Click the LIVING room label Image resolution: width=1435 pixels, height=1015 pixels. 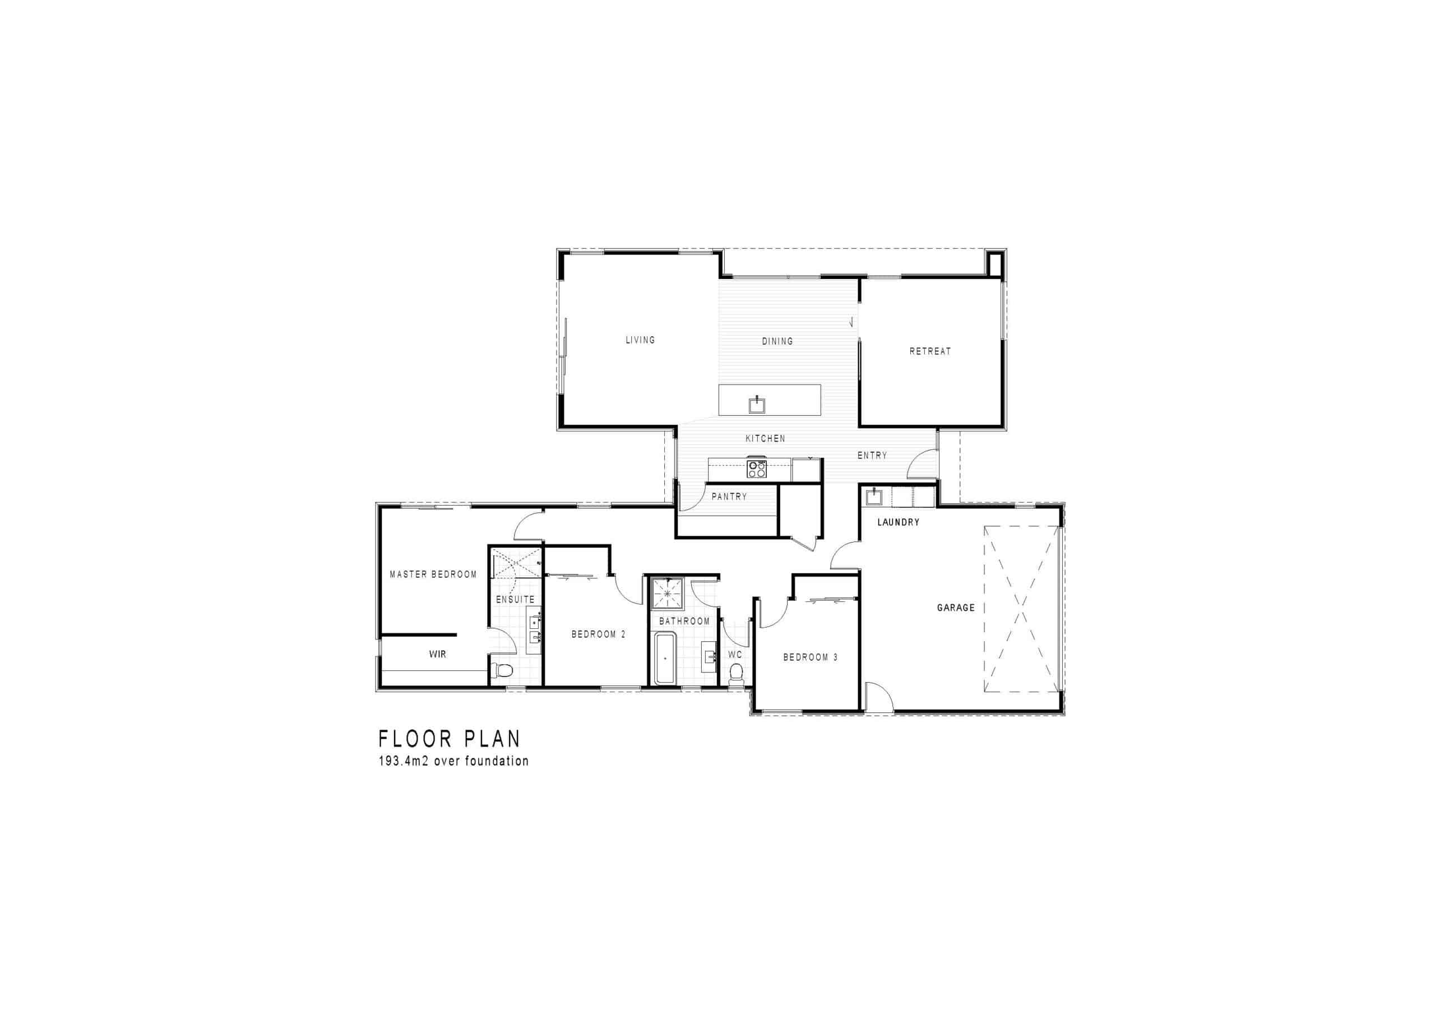coord(640,340)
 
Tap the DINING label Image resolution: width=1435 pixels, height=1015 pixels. coord(777,341)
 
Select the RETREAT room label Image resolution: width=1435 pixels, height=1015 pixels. coord(930,351)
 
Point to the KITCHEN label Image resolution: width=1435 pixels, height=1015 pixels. coord(765,439)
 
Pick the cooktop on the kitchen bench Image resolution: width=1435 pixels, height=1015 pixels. coord(756,469)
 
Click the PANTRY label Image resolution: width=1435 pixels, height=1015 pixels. coord(729,496)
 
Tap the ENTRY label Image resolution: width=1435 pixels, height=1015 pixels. coord(872,456)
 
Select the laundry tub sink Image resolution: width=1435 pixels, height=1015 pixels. coord(874,498)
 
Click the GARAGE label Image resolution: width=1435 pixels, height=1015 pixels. coord(956,608)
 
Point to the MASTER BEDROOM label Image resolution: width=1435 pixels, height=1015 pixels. coord(433,574)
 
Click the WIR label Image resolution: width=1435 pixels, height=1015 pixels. coord(437,655)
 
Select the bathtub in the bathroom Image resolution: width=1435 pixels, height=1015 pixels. coord(664,659)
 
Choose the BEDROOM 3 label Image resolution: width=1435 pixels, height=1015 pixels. coord(810,657)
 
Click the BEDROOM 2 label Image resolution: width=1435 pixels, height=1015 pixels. coord(598,634)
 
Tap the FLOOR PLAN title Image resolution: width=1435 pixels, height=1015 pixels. coord(450,739)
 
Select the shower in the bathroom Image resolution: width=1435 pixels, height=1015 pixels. coord(668,593)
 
